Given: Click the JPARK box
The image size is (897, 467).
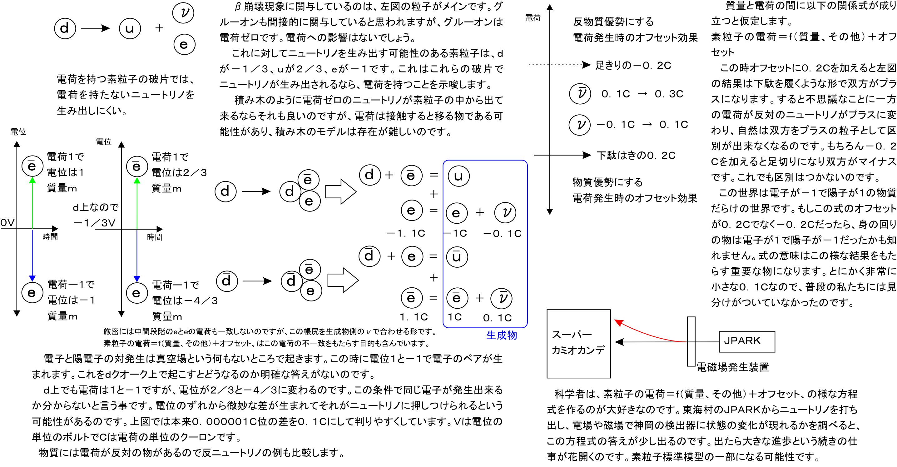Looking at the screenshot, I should click(x=746, y=341).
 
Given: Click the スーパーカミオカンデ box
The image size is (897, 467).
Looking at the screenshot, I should click(x=578, y=343).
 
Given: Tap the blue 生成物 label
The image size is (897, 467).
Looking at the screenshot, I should click(x=501, y=335).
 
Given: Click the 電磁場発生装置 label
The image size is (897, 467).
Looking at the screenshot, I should click(x=733, y=367).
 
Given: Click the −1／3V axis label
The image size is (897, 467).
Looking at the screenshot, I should click(x=94, y=223).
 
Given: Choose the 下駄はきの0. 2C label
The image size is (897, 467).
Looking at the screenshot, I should click(x=636, y=155).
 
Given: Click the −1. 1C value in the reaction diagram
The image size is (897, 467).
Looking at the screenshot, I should click(x=406, y=233).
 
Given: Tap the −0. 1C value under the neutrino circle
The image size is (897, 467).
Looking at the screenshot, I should click(x=503, y=233).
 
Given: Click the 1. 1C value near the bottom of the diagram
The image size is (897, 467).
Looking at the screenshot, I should click(x=414, y=317).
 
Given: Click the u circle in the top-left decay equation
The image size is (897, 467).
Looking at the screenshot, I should click(x=130, y=28).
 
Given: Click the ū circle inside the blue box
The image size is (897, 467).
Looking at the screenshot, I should click(x=457, y=257).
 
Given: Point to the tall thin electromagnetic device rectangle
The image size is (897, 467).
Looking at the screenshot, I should click(x=691, y=341).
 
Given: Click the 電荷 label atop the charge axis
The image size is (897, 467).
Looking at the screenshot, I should click(x=533, y=18).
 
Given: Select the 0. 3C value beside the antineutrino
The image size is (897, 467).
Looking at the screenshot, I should click(x=669, y=94).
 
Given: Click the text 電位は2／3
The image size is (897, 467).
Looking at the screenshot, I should click(x=179, y=172).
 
